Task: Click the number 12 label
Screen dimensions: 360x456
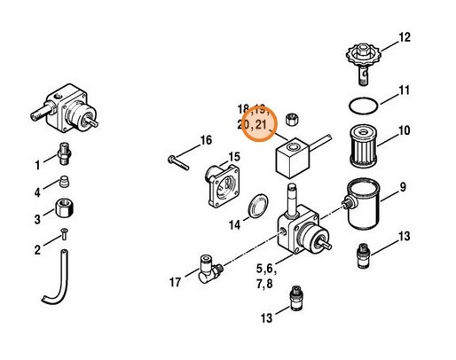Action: coord(405,37)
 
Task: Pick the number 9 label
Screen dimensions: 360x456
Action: coord(402,187)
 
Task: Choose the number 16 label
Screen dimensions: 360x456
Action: coord(206,140)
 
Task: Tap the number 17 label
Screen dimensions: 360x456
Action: coord(175,282)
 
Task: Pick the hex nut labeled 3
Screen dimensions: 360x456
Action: coord(66,213)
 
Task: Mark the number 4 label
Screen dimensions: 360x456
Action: coord(37,192)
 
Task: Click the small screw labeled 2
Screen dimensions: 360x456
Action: coord(64,235)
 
